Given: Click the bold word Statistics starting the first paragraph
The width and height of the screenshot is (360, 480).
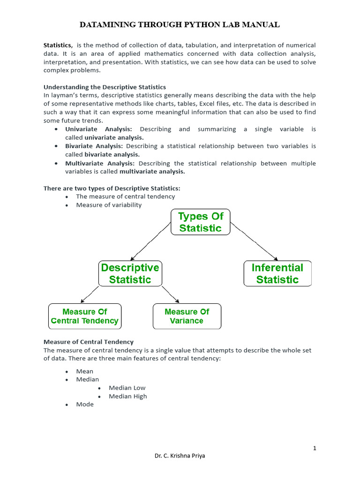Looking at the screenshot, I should [x=58, y=45].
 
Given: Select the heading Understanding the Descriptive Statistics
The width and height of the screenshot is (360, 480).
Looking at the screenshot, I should [x=105, y=87].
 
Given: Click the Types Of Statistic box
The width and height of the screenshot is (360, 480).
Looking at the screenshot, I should [x=201, y=222].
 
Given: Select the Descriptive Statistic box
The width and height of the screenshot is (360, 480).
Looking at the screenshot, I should [x=130, y=274].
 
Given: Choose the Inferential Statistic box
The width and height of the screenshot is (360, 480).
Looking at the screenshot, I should [x=277, y=274].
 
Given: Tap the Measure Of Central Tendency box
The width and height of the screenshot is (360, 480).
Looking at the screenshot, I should [x=84, y=316].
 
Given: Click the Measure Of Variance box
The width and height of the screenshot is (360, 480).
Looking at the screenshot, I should [x=187, y=316].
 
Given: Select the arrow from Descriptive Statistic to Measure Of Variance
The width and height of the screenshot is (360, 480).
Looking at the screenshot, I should [x=170, y=294].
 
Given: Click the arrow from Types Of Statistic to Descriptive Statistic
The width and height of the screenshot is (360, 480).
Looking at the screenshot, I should [x=150, y=241].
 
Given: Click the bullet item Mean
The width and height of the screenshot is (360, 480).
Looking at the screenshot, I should [x=85, y=371].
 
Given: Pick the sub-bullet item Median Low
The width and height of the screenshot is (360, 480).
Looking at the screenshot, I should [x=127, y=388].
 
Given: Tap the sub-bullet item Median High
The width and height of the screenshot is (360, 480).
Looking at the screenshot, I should [x=127, y=396].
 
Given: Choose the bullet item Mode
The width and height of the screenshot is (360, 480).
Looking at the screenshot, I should [x=85, y=404].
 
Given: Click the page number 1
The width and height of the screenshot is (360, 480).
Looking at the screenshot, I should [x=315, y=448].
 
